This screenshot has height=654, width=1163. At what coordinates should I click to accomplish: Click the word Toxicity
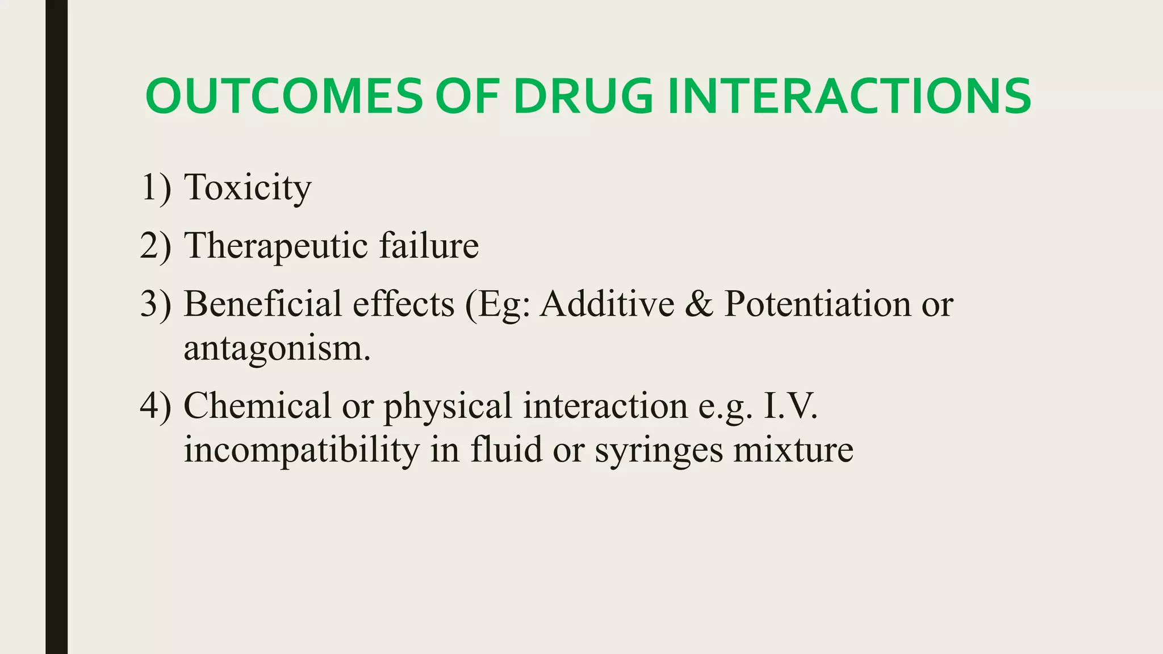[x=248, y=187]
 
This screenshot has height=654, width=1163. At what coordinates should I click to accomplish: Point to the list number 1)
[x=155, y=187]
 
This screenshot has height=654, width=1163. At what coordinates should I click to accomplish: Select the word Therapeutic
[x=276, y=246]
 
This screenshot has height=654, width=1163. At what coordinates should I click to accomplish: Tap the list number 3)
[x=155, y=304]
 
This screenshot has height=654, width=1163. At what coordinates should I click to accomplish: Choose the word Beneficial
[x=262, y=304]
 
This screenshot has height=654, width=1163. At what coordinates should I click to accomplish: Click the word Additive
[x=606, y=304]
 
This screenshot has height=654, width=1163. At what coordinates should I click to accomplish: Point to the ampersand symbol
[x=699, y=304]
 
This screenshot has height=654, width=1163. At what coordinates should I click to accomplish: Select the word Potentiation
[x=817, y=304]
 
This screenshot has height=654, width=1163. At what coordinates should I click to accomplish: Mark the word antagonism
[x=277, y=349]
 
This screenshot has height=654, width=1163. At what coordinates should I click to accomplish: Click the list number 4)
[x=155, y=406]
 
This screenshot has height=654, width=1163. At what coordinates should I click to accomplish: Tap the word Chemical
[x=257, y=406]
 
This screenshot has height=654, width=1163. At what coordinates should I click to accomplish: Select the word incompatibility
[x=301, y=451]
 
